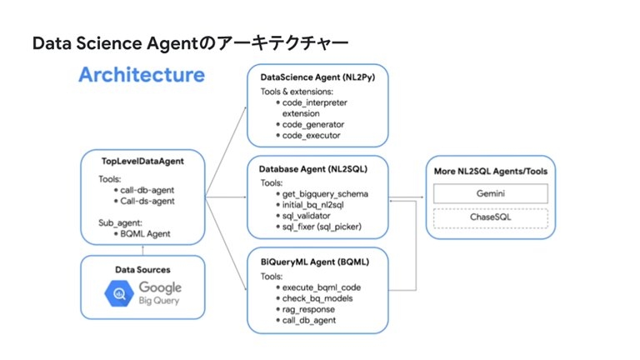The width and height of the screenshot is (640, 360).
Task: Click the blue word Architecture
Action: tap(141, 75)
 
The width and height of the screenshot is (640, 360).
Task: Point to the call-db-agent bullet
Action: tap(140, 189)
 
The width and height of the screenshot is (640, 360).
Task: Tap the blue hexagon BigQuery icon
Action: tap(119, 293)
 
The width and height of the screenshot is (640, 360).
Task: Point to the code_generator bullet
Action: tap(312, 123)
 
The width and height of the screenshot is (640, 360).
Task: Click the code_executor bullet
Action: tap(311, 135)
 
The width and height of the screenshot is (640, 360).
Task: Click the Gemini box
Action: tap(490, 193)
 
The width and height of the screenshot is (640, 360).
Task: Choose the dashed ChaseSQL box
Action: tap(490, 218)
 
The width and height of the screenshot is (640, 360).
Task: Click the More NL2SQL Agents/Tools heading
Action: tap(490, 172)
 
